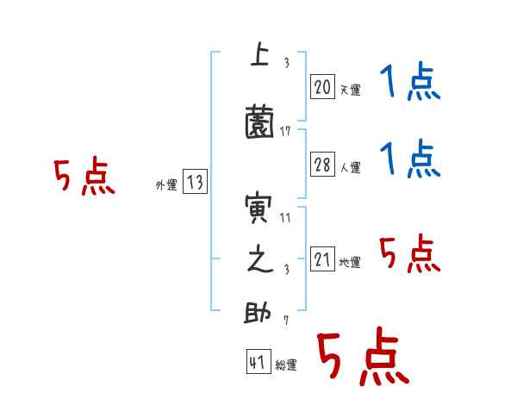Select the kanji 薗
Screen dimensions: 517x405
[x=259, y=122]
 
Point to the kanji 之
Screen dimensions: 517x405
[x=258, y=261]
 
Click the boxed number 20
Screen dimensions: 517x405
[x=322, y=86]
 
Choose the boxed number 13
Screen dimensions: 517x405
[x=195, y=182]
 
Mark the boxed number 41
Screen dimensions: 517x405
[x=258, y=364]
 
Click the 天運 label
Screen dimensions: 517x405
[x=350, y=90]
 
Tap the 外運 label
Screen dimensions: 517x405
[x=165, y=184]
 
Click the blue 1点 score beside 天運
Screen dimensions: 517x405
[x=410, y=84]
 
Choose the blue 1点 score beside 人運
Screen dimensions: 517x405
[x=410, y=159]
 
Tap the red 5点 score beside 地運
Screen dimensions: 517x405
[x=410, y=253]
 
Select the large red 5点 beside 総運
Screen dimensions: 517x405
[x=362, y=358]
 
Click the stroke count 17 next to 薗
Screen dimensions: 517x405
[x=286, y=132]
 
